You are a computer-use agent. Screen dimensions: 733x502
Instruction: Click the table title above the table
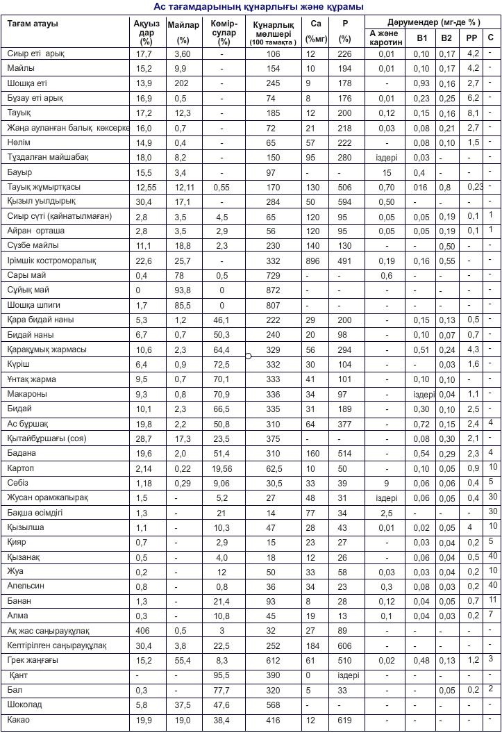(x=258, y=6)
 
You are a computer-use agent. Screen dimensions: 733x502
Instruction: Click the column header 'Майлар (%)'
(x=183, y=32)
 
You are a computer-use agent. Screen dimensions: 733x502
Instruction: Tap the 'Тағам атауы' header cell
(x=33, y=24)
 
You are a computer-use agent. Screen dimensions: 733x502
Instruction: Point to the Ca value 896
(x=312, y=261)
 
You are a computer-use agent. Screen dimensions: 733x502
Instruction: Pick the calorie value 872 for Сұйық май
(x=273, y=290)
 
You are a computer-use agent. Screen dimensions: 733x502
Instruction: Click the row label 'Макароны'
(x=27, y=393)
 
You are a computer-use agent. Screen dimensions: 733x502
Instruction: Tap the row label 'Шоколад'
(x=24, y=705)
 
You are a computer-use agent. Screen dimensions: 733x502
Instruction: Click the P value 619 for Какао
(x=344, y=720)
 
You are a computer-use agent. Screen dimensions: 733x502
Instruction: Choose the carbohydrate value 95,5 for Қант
(x=221, y=675)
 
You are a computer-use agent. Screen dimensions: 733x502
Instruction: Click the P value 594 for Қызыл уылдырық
(x=344, y=201)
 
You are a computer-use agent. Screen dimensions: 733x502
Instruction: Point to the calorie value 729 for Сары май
(x=273, y=275)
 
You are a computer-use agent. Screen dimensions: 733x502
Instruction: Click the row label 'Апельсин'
(x=26, y=586)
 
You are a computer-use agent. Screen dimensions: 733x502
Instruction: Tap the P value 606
(x=344, y=645)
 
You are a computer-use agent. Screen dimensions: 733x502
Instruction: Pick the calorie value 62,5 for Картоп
(x=273, y=468)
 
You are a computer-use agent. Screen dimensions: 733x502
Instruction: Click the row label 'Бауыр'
(x=20, y=172)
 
